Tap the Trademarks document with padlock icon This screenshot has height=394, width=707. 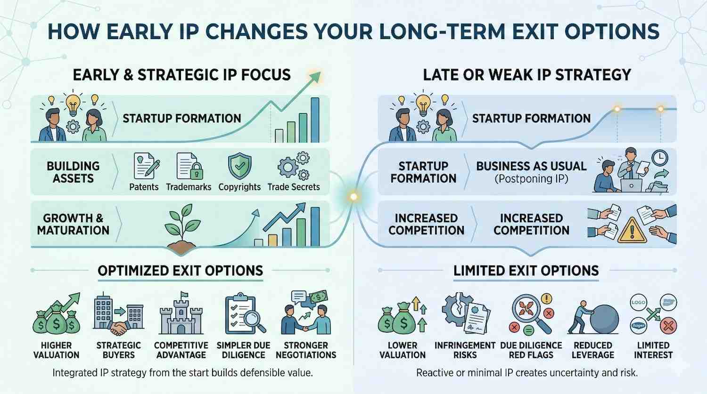coord(189,166)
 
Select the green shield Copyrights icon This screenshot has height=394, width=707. coord(240,166)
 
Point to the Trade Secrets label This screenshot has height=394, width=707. coord(294,187)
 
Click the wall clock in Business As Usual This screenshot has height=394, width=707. coord(660,158)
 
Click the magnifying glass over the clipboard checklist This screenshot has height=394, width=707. coord(254,321)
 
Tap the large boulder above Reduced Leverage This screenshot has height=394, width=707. coord(604,319)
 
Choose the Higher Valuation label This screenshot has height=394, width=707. coord(56,350)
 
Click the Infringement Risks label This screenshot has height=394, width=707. coord(465,350)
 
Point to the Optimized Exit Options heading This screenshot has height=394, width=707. coord(180,271)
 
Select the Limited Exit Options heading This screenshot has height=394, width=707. coord(526,271)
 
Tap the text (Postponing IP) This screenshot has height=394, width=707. coord(531,179)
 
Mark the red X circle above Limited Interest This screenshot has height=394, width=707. coord(668,326)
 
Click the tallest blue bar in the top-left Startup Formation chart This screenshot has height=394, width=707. coord(315,120)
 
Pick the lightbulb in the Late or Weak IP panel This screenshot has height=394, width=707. coord(423,105)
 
